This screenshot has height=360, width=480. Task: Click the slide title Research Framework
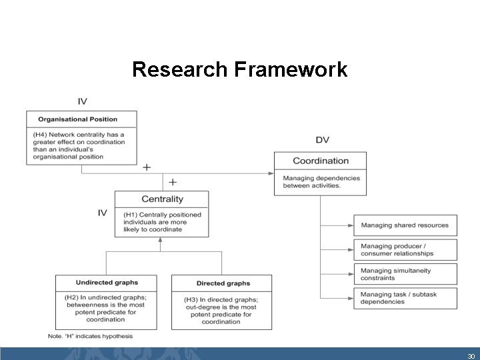[239, 69]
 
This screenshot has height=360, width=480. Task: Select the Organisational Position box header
[78, 119]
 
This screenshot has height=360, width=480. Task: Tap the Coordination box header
[321, 161]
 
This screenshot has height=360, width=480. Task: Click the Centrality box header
[162, 199]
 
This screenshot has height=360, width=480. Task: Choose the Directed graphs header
[223, 283]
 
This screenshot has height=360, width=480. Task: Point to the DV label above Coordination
[322, 140]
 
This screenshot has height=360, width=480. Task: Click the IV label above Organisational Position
[82, 101]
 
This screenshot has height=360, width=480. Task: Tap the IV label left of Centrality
[103, 213]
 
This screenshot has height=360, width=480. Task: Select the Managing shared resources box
[405, 225]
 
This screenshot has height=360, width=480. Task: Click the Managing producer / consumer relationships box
[405, 249]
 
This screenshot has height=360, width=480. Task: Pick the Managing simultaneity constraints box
[405, 274]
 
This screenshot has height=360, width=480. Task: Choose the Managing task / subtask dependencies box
[405, 298]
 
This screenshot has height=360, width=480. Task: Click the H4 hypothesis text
[79, 145]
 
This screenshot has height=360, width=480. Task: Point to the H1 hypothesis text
[162, 222]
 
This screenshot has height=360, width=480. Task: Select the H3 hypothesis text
[221, 310]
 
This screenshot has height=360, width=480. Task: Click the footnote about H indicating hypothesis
[90, 336]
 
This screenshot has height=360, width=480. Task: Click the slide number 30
[471, 356]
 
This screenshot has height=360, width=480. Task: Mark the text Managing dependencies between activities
[321, 182]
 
